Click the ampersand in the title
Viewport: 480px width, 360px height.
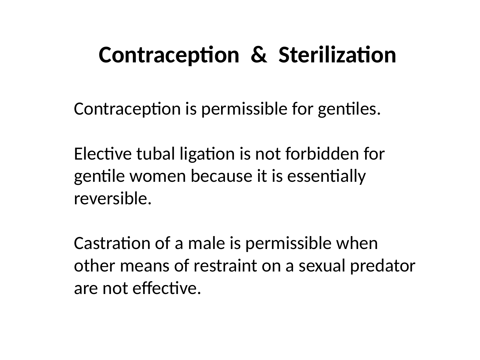pyautogui.click(x=259, y=55)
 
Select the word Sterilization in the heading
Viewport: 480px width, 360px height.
pyautogui.click(x=337, y=54)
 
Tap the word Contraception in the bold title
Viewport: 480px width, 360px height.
pyautogui.click(x=169, y=55)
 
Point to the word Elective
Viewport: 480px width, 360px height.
pyautogui.click(x=103, y=154)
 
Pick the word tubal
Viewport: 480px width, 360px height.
pyautogui.click(x=156, y=154)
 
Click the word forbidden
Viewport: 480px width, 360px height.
pyautogui.click(x=322, y=154)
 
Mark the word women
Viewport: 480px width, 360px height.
pyautogui.click(x=158, y=176)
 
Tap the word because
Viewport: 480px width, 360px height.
pyautogui.click(x=221, y=176)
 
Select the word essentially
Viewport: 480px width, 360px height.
pyautogui.click(x=326, y=177)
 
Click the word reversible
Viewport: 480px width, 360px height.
pyautogui.click(x=113, y=198)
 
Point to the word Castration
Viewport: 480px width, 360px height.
pyautogui.click(x=112, y=243)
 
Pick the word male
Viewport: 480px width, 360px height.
pyautogui.click(x=206, y=243)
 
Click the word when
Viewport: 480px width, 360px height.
pyautogui.click(x=357, y=243)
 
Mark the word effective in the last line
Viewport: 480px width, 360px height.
pyautogui.click(x=166, y=288)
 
